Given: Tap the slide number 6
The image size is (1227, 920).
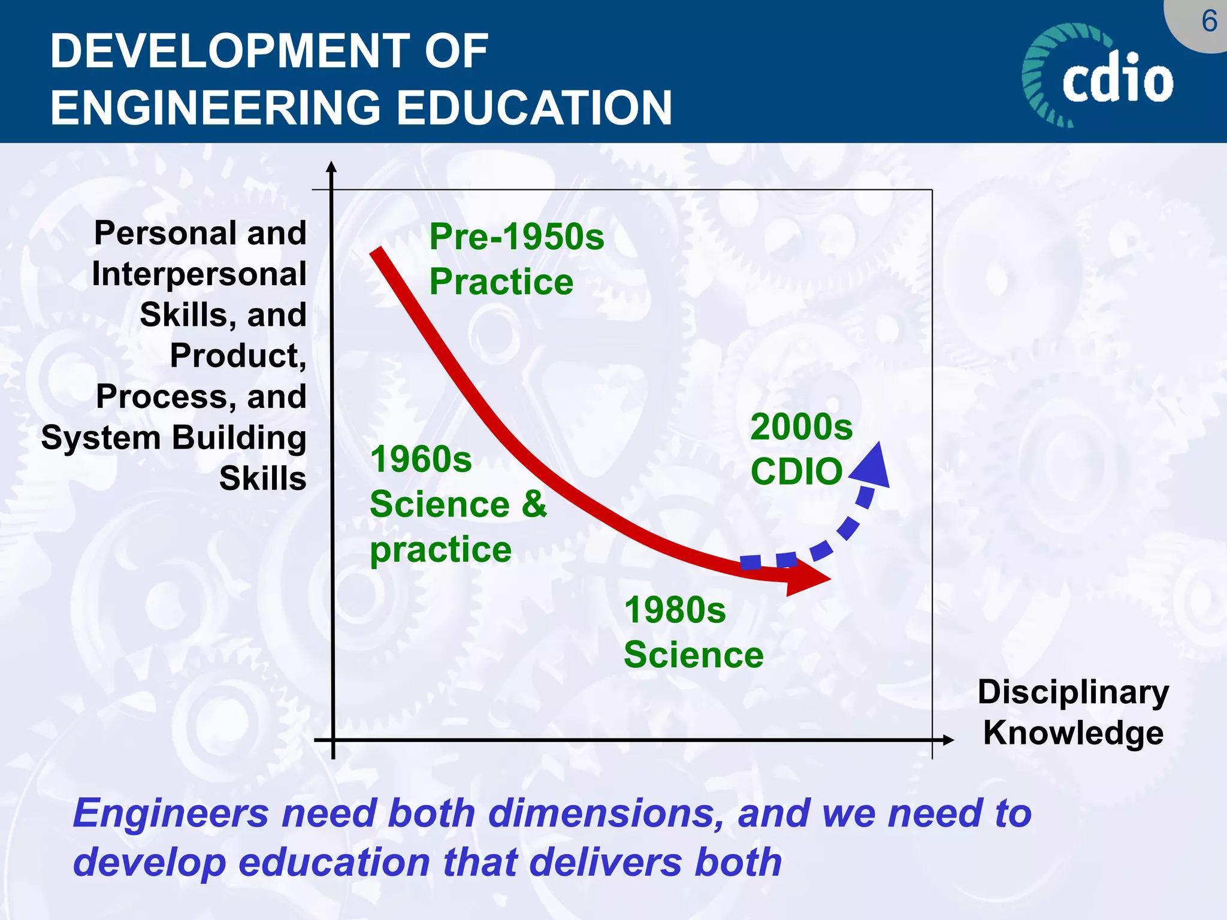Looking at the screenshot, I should (x=1209, y=22).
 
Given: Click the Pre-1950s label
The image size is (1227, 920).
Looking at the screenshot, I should (x=516, y=237).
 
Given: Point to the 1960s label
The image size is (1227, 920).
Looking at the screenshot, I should (x=421, y=460).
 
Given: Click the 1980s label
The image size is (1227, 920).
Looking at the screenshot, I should (x=675, y=610).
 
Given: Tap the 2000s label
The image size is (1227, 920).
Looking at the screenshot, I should (x=801, y=427).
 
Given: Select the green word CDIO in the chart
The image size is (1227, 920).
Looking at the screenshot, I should (x=796, y=471).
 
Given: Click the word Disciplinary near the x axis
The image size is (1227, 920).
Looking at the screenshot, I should (x=1073, y=692).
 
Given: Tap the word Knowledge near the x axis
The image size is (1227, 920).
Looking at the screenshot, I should (x=1073, y=733).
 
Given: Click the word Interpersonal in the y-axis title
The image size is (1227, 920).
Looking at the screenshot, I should (x=199, y=275).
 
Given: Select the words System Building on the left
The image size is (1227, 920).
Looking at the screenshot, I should (x=174, y=438).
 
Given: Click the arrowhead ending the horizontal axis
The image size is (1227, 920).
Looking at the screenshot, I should (x=948, y=740).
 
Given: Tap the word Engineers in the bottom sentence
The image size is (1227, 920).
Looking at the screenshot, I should (x=171, y=814).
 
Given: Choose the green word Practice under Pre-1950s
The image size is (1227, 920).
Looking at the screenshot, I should (x=501, y=282).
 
